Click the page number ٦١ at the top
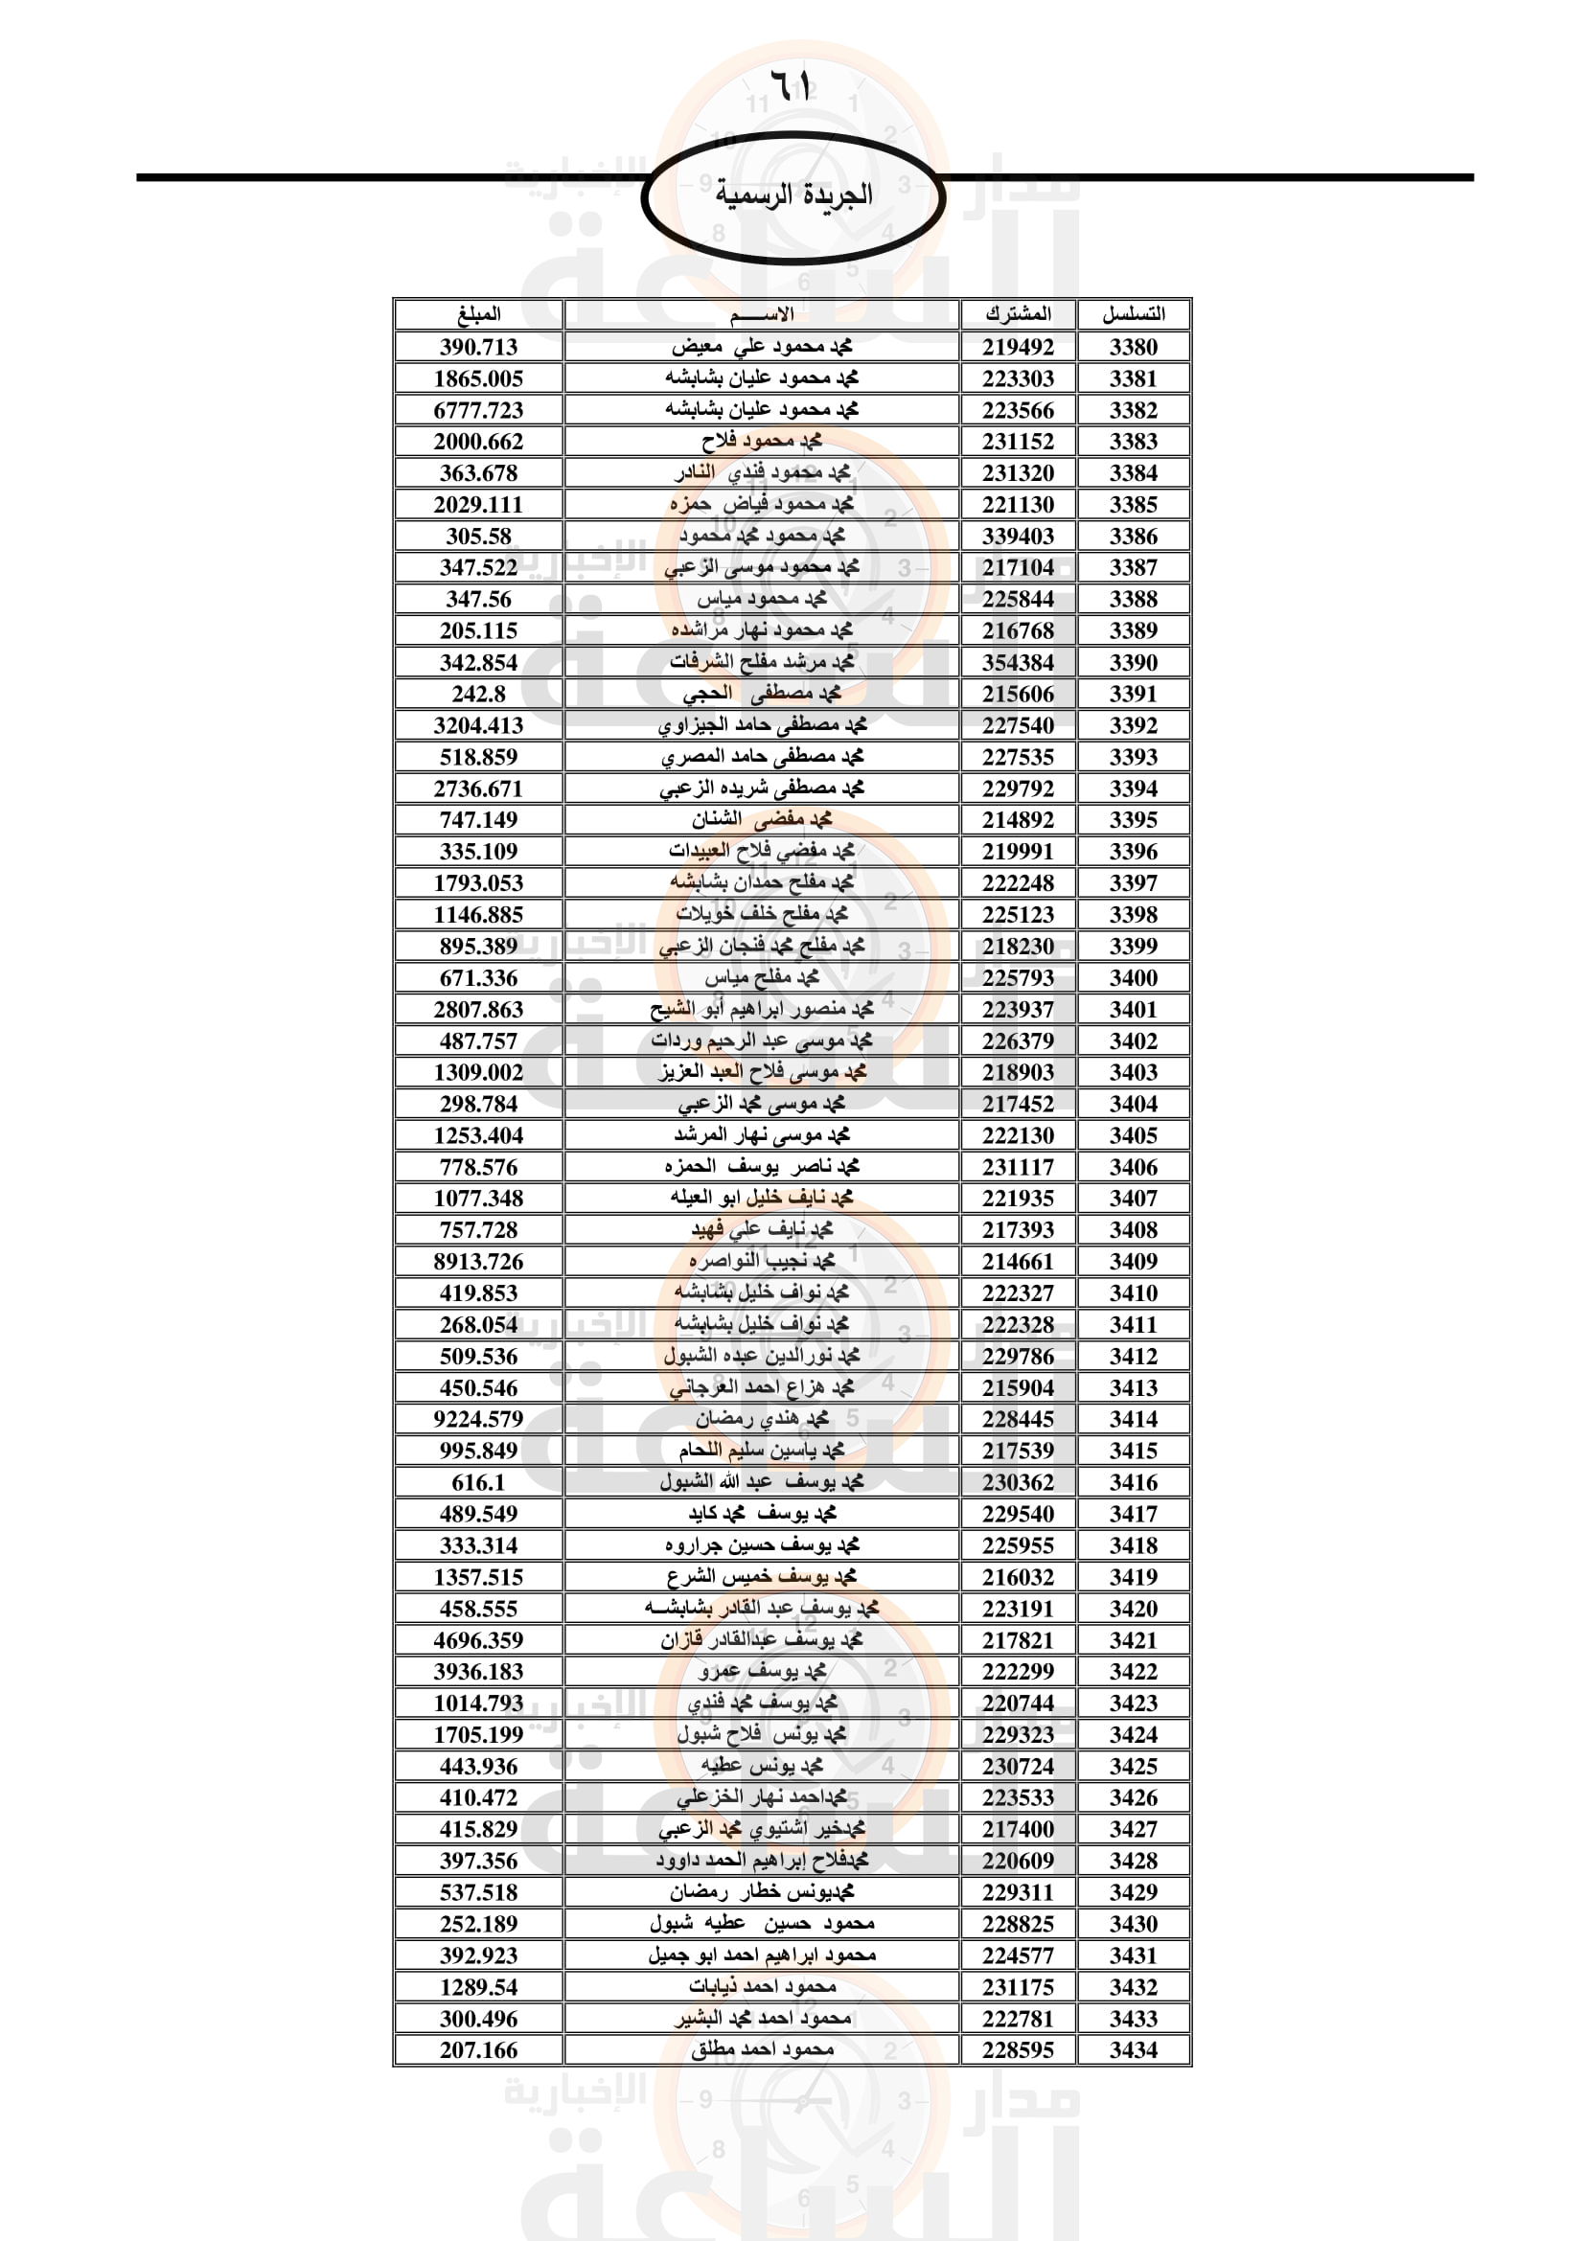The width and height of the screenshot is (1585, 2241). tap(792, 84)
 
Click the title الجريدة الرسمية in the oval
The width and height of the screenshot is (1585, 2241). tap(792, 195)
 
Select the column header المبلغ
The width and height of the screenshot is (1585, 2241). tap(478, 314)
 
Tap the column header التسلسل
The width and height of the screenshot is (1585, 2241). tap(1133, 314)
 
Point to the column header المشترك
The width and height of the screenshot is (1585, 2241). tap(1018, 314)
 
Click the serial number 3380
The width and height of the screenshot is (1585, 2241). tap(1133, 347)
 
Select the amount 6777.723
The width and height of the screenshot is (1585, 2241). tap(478, 410)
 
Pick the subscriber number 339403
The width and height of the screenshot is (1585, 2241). tap(1018, 536)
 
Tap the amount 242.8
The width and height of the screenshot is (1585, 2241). tap(478, 694)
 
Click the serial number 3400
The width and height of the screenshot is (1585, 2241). tap(1133, 978)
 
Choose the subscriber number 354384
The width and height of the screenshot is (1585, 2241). tap(1018, 663)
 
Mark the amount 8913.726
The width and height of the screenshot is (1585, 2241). tap(478, 1261)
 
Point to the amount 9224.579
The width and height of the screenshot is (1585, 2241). tap(478, 1419)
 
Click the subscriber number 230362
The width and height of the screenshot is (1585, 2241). tap(1018, 1482)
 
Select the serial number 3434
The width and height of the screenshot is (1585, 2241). tap(1133, 2049)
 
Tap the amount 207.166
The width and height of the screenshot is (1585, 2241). tap(478, 2049)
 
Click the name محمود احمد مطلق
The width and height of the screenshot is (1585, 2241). tap(762, 2049)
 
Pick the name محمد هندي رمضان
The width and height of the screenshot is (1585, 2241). tap(762, 1419)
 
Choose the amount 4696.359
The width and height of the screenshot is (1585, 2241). tap(478, 1639)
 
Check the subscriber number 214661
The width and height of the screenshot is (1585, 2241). tap(1018, 1261)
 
